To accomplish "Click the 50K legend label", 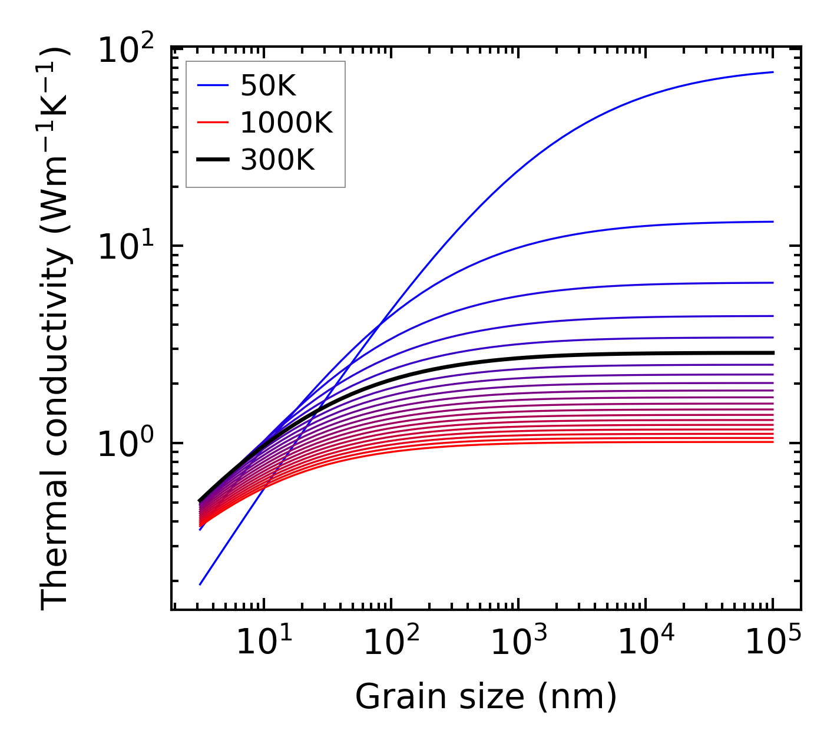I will click(268, 87).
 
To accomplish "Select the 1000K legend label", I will click(287, 123).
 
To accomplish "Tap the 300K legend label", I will click(277, 160).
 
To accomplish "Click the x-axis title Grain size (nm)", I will click(486, 697).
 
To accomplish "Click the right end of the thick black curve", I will click(772, 353).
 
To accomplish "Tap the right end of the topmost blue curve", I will click(772, 72).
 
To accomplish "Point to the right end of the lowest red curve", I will click(772, 442).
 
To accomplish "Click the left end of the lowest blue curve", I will click(200, 584).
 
